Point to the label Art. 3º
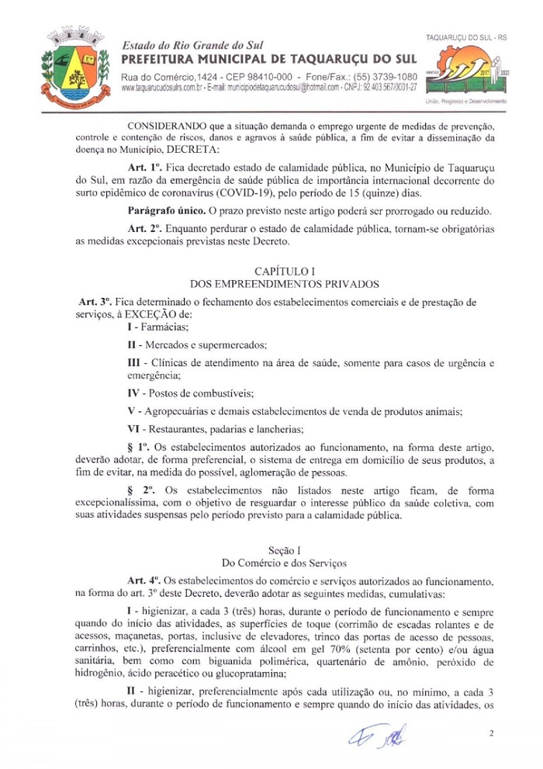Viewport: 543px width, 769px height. pyautogui.click(x=95, y=300)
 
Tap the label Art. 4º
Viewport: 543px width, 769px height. pyautogui.click(x=144, y=579)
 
